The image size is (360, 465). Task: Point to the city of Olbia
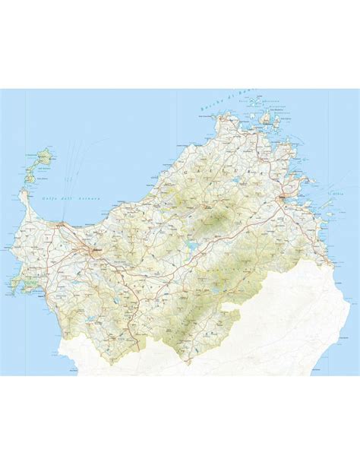pos(283,200)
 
